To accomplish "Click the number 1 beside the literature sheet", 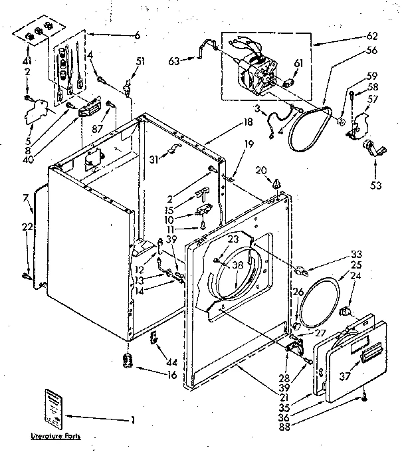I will coord(133,419).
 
